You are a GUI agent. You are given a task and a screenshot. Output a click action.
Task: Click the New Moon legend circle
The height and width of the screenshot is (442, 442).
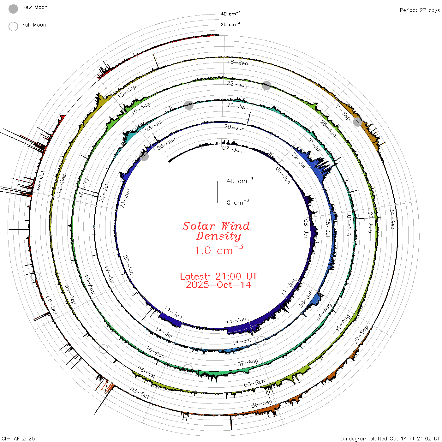click(13, 9)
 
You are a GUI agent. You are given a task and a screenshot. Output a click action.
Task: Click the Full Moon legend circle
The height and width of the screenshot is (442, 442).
click(13, 27)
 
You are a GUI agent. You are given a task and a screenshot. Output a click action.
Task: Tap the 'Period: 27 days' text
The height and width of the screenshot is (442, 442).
click(420, 10)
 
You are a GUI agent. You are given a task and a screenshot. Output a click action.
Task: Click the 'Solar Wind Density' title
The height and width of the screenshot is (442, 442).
click(216, 231)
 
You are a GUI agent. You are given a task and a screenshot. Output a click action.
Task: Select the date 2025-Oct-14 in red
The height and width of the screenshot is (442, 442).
click(218, 285)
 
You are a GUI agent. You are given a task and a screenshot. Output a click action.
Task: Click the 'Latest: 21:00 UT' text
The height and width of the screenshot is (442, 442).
click(218, 276)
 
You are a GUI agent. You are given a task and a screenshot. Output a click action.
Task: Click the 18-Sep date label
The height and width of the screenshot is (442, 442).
click(238, 63)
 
